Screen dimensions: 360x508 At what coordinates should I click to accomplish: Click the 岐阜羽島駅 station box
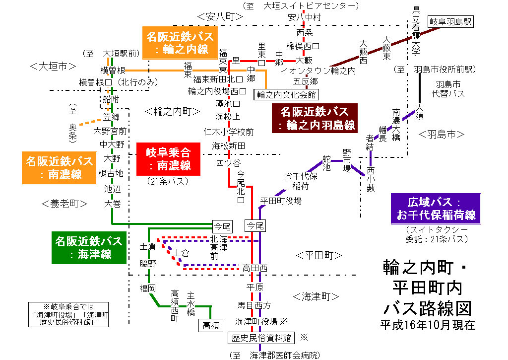tap(451, 22)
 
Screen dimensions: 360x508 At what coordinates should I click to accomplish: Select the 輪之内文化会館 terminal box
tap(286, 94)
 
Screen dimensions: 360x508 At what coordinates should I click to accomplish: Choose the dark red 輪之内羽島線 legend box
tap(318, 119)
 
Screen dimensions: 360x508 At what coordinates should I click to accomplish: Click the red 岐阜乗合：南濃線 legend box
tap(168, 158)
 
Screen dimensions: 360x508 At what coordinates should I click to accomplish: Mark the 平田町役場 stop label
tap(281, 201)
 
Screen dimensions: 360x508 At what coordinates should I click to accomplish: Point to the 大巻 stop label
tap(112, 203)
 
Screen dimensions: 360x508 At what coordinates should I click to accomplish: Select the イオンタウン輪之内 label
tap(318, 71)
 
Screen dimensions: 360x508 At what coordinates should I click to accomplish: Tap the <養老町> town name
tap(64, 203)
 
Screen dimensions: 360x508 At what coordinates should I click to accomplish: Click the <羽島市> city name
tap(441, 134)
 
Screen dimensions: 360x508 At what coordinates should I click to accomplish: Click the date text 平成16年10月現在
tap(427, 325)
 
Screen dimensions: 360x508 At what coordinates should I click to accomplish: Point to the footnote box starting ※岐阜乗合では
tap(68, 314)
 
